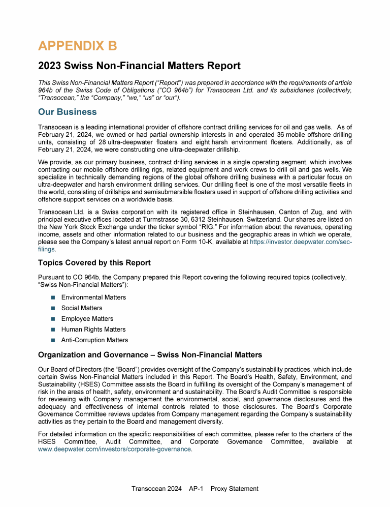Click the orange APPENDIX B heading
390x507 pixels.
(x=78, y=46)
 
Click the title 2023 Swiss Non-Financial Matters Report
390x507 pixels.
(x=139, y=66)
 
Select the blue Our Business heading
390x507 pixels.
(x=67, y=111)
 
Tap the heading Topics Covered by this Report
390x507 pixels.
(x=94, y=263)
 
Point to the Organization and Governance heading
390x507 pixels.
(x=150, y=354)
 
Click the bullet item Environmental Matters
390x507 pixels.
(x=93, y=297)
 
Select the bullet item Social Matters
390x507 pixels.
(x=82, y=308)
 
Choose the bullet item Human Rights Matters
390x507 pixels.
(x=93, y=330)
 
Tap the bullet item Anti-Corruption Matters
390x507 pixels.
(x=94, y=340)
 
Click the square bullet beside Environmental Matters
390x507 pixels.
(x=53, y=297)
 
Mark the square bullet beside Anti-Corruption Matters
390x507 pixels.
(x=53, y=340)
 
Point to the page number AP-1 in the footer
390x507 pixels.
(x=196, y=489)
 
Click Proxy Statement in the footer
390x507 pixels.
(x=234, y=489)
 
